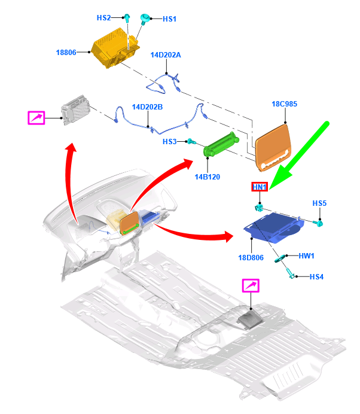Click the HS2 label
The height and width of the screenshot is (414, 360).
[103, 18]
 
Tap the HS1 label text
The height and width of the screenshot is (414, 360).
[169, 19]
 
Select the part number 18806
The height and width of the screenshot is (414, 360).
[66, 52]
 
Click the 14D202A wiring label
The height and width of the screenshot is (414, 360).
[166, 55]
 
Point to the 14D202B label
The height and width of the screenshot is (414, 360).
[147, 107]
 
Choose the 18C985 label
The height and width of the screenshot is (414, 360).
[285, 104]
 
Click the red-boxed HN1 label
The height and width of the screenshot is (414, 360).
[260, 187]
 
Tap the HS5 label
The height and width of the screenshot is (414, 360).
[319, 203]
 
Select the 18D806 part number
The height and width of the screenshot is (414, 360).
[251, 258]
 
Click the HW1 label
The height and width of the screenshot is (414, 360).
[306, 256]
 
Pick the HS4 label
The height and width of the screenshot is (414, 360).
[316, 277]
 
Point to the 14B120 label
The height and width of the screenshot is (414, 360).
[207, 177]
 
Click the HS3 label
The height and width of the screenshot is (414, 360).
[169, 142]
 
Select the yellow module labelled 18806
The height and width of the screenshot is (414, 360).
[115, 48]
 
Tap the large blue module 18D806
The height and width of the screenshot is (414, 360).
[274, 228]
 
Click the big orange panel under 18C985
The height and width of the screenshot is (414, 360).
[274, 147]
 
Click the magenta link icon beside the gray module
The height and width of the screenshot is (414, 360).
[36, 118]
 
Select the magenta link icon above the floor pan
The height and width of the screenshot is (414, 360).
[251, 286]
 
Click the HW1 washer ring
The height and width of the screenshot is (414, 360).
[280, 258]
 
